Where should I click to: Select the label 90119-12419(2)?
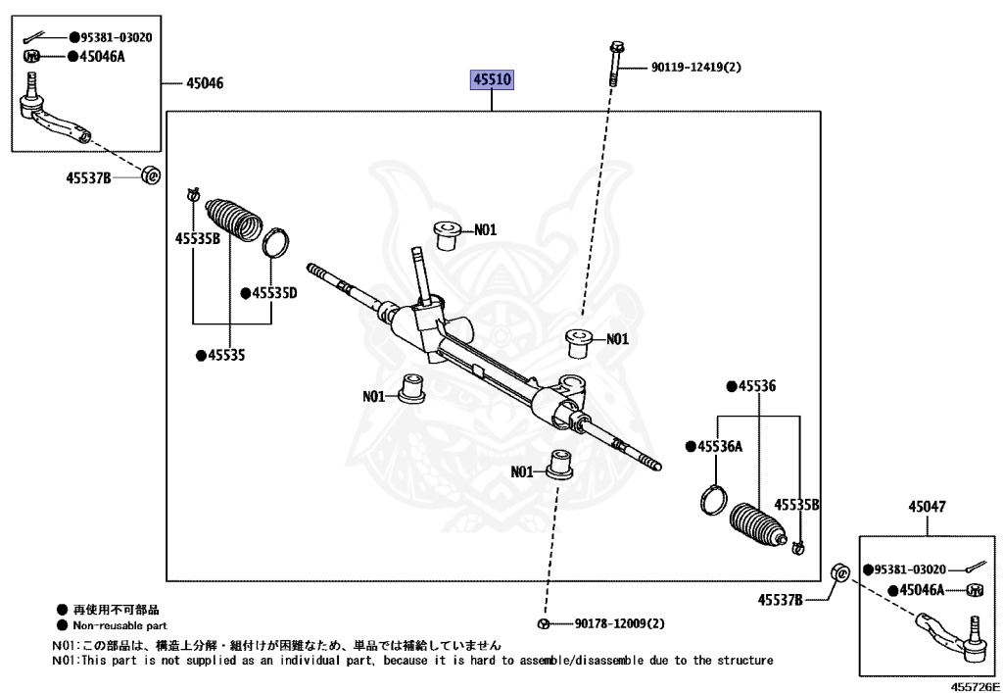pos(695,69)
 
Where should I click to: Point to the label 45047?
pos(927,507)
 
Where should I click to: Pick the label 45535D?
pos(273,292)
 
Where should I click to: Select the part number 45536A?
pos(719,446)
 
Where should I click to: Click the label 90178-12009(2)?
pos(619,623)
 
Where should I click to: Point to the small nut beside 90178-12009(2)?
pos(543,623)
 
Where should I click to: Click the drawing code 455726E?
pos(974,685)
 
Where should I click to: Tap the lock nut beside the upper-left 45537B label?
pos(151,176)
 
